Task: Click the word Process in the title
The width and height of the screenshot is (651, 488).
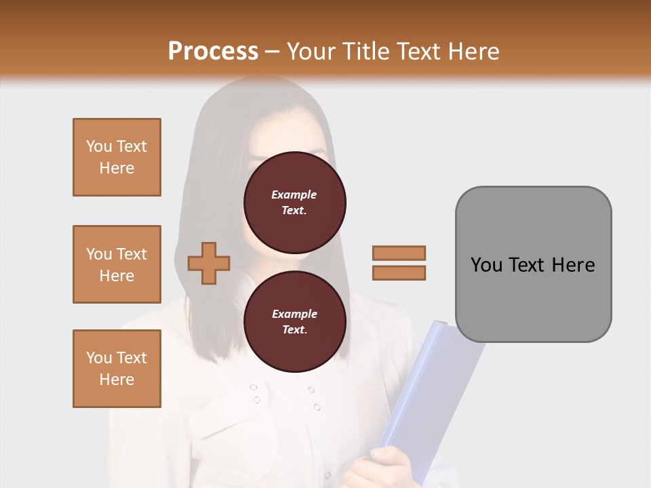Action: click(213, 51)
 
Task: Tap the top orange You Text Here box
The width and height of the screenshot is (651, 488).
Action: click(117, 157)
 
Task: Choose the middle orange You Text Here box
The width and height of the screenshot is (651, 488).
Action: click(117, 264)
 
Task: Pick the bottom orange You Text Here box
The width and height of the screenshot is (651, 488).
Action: click(117, 369)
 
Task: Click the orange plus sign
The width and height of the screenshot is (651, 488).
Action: click(209, 264)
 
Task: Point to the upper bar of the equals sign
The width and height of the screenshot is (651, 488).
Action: click(399, 253)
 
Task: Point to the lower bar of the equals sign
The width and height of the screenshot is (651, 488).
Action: click(399, 273)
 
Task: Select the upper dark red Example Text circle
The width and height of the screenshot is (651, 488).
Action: click(294, 203)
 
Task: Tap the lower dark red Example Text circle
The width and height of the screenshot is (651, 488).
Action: click(294, 322)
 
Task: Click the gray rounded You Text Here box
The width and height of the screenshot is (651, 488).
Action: click(533, 264)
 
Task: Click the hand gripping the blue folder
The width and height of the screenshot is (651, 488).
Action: click(383, 468)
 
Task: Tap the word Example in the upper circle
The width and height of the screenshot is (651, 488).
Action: click(294, 195)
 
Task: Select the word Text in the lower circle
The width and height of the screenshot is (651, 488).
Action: click(294, 330)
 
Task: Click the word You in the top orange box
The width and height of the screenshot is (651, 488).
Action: click(99, 146)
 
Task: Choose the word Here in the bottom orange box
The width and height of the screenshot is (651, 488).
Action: click(117, 380)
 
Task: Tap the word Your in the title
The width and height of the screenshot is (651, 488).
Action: click(313, 51)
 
